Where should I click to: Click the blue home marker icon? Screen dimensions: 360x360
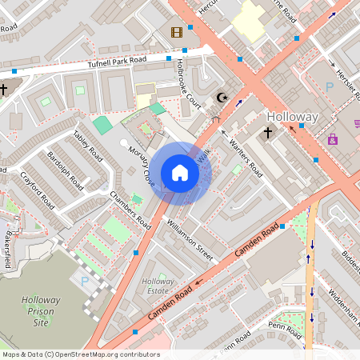180,173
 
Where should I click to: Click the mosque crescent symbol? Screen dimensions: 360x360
223,98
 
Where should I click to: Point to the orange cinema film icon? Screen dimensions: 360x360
176,33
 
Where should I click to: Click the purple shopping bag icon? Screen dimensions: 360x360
332,138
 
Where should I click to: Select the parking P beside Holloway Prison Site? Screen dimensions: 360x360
85,281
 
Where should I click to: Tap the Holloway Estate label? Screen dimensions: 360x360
158,286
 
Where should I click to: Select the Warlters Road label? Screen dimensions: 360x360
246,157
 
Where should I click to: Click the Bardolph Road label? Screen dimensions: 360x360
64,169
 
